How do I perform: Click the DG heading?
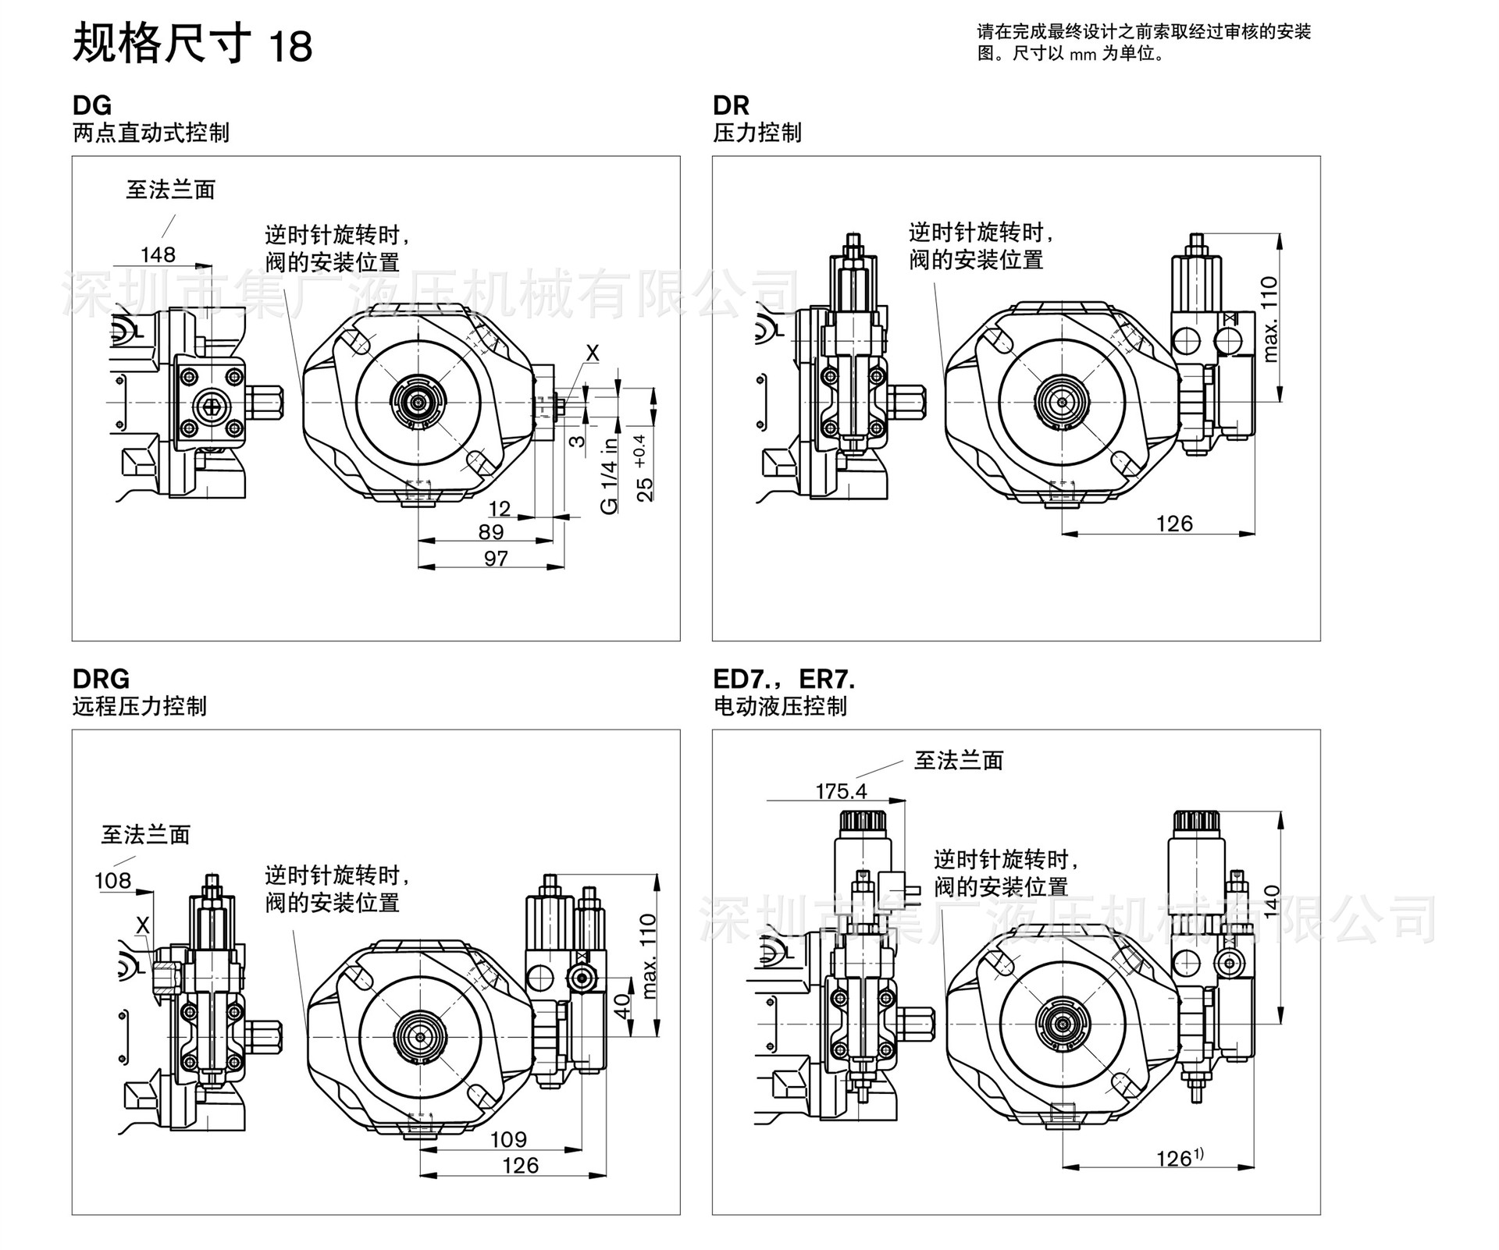pyautogui.click(x=92, y=105)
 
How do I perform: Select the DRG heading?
pyautogui.click(x=101, y=679)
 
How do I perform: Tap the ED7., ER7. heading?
pyautogui.click(x=784, y=679)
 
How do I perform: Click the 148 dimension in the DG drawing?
pyautogui.click(x=158, y=254)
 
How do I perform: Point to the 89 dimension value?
pyautogui.click(x=491, y=532)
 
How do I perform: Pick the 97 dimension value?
pyautogui.click(x=496, y=559)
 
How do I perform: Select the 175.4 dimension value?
pyautogui.click(x=841, y=791)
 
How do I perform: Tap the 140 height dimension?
pyautogui.click(x=1271, y=902)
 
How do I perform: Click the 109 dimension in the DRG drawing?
pyautogui.click(x=508, y=1139)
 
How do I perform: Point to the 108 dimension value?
pyautogui.click(x=112, y=881)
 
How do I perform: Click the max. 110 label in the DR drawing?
pyautogui.click(x=1269, y=319)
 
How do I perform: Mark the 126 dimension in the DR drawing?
pyautogui.click(x=1174, y=524)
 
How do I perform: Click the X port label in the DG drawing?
pyautogui.click(x=593, y=353)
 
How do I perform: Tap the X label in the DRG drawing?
pyautogui.click(x=142, y=925)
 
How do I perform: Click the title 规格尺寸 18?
pyautogui.click(x=192, y=44)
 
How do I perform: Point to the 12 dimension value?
pyautogui.click(x=500, y=509)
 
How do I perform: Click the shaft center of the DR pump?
pyautogui.click(x=1063, y=402)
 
